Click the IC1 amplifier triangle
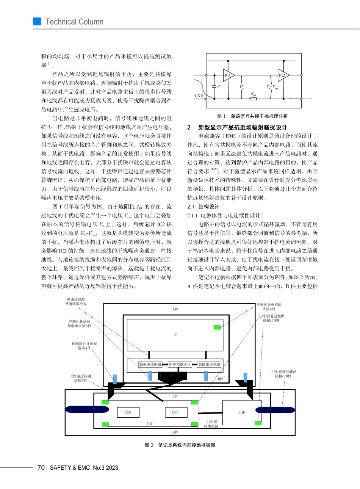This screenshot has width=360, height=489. pos(228,75)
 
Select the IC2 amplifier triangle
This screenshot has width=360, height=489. pos(283,75)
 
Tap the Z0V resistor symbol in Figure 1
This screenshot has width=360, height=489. pos(254,99)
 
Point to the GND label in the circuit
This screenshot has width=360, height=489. pos(199,96)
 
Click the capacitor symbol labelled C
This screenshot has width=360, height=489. pos(214,86)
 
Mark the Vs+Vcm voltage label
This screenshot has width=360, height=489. pos(272,87)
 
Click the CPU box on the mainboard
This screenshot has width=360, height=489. pos(128,412)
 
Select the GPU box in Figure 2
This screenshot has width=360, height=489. pos(175,412)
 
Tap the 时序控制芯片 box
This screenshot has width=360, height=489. pos(180,364)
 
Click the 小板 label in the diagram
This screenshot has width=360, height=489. pos(241,412)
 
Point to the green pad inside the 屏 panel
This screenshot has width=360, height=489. pos(217,327)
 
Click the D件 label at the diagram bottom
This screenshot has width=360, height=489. pos(175,432)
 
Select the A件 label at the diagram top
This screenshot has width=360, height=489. pos(175,309)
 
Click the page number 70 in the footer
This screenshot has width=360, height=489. pos(41,468)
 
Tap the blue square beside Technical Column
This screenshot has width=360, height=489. pos(37,22)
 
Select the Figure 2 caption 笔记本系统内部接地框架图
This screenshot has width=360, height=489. pos(186,445)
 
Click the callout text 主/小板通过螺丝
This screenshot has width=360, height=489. pos(283,372)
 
